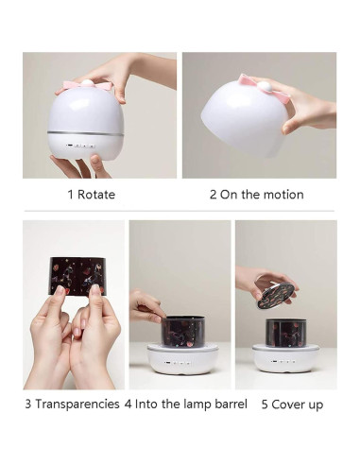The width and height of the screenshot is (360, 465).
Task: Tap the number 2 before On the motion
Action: coord(213,195)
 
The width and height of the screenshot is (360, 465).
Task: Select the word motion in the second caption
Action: coord(282,195)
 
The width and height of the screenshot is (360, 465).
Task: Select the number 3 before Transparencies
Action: coord(28,404)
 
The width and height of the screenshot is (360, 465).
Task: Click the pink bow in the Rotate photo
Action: coord(88,85)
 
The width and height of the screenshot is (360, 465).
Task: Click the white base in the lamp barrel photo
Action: coord(180,359)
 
